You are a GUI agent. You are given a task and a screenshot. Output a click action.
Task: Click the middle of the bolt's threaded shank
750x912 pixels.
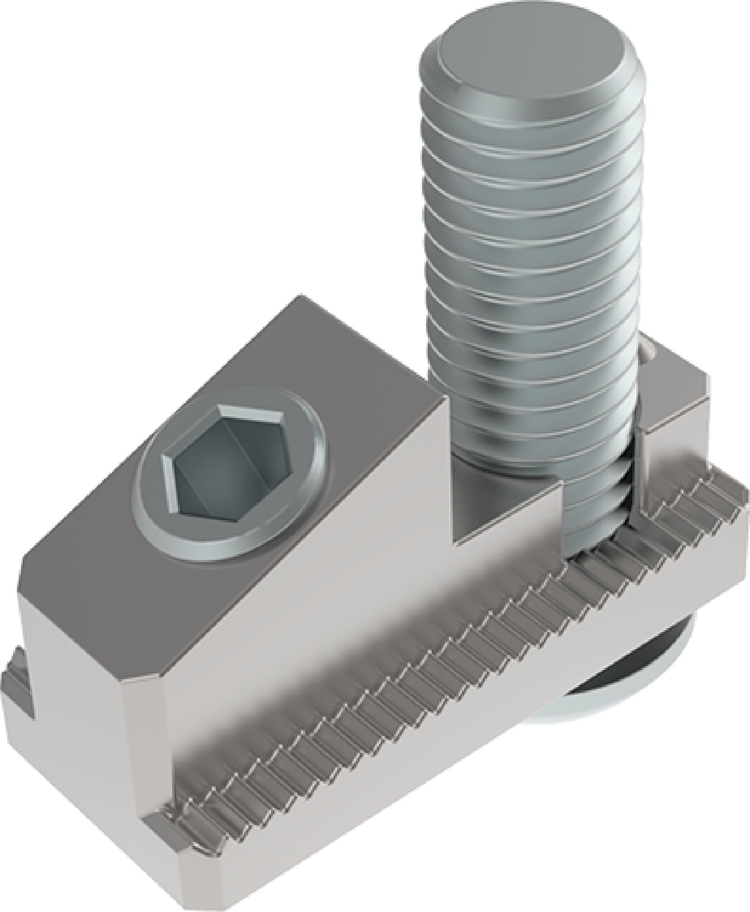530,281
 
